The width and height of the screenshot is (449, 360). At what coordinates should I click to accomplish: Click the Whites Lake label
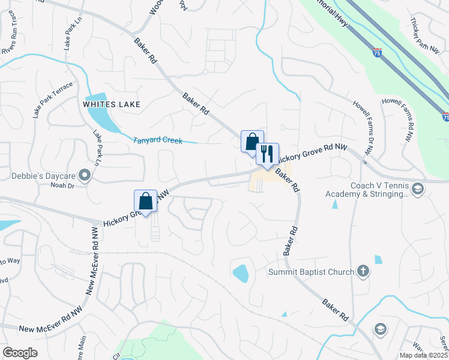112,104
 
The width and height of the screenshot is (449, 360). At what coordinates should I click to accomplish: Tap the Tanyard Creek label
157,140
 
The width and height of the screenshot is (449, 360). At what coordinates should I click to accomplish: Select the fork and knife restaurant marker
267,154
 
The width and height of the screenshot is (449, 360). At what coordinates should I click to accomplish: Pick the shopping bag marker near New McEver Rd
145,200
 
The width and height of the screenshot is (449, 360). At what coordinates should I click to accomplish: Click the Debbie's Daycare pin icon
85,176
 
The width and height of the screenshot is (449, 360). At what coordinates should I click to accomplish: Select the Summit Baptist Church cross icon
363,272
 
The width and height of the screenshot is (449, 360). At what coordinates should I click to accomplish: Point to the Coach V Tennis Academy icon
418,190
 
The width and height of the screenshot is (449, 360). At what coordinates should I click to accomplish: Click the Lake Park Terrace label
52,100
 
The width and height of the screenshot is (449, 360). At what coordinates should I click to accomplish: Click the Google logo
20,353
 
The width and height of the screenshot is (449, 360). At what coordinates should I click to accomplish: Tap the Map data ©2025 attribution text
424,355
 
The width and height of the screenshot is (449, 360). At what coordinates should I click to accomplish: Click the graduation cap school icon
379,329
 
